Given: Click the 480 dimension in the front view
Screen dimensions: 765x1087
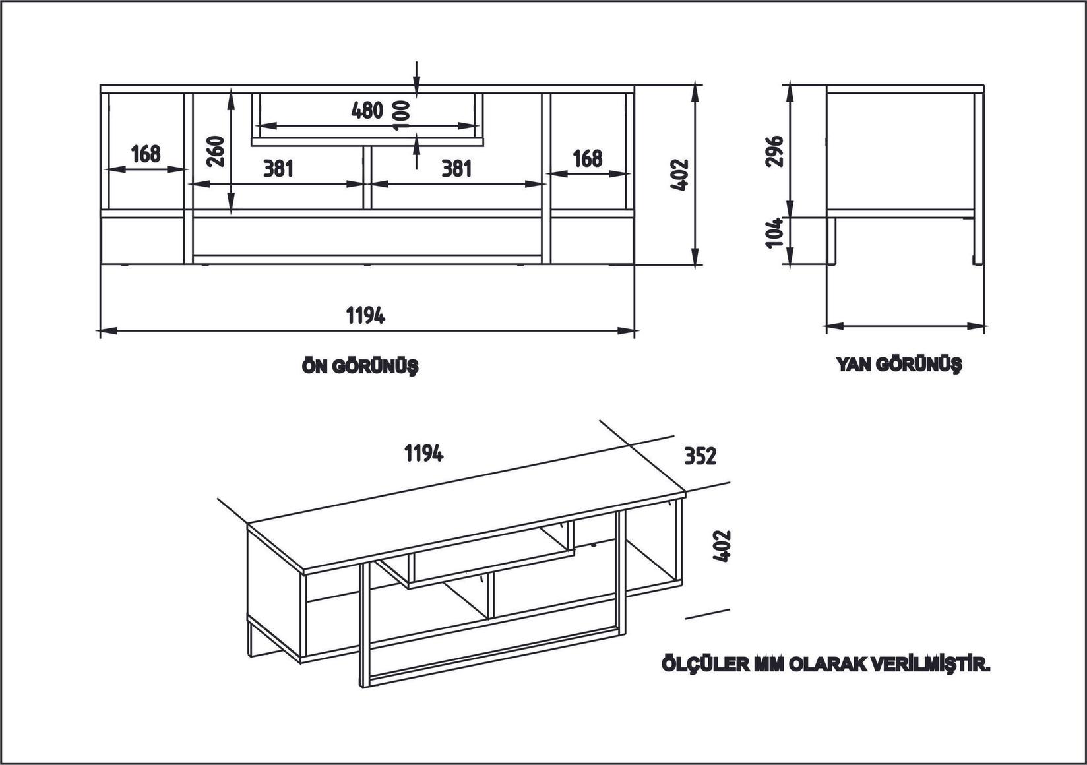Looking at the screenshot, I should pyautogui.click(x=367, y=110).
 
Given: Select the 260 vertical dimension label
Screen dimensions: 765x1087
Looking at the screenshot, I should pyautogui.click(x=217, y=151).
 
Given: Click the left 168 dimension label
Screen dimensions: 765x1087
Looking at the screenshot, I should pyautogui.click(x=145, y=154).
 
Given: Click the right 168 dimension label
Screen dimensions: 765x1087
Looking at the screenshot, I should pyautogui.click(x=587, y=158).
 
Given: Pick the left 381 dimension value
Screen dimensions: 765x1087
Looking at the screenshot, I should pyautogui.click(x=278, y=169).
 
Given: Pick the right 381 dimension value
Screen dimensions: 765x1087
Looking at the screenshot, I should pyautogui.click(x=456, y=169).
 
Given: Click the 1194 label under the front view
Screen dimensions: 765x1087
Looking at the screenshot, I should pyautogui.click(x=366, y=316).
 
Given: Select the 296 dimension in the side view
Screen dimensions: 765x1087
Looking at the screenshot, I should pyautogui.click(x=776, y=151).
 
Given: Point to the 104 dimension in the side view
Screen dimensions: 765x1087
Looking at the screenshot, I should pyautogui.click(x=776, y=232).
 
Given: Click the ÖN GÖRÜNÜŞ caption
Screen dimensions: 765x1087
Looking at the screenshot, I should pyautogui.click(x=360, y=367).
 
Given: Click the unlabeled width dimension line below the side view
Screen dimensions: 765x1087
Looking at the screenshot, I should pyautogui.click(x=905, y=325).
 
